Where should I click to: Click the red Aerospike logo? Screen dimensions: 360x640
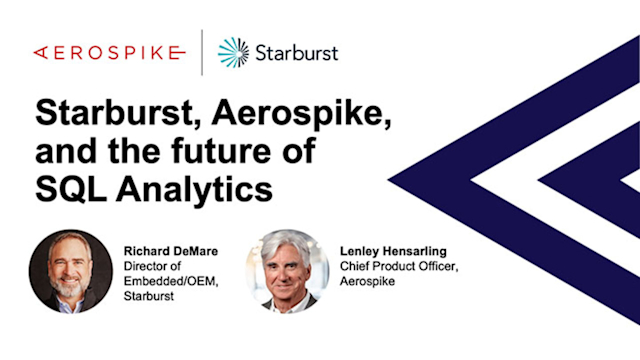[108, 52]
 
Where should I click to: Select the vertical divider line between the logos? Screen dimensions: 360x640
[203, 52]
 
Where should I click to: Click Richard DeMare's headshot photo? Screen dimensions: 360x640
[70, 270]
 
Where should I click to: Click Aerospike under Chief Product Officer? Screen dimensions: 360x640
[366, 281]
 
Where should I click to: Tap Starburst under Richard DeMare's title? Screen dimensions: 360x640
[150, 296]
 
